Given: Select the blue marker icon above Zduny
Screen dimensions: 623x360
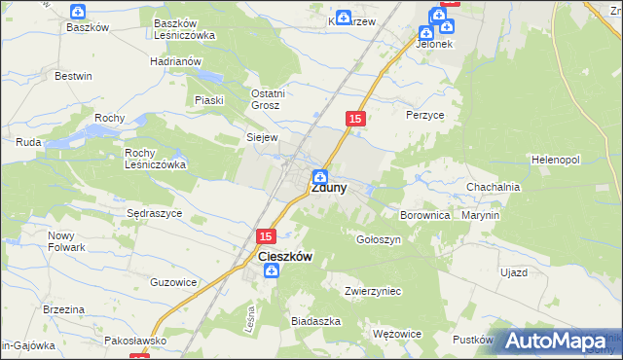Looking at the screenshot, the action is point(319,175).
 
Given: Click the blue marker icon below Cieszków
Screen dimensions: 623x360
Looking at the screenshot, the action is point(272,270).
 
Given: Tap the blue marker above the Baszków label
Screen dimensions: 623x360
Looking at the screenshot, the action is point(79,12).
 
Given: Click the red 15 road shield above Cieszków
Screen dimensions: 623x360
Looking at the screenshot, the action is point(268,235).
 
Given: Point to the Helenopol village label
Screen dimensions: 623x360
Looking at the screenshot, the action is point(556,159).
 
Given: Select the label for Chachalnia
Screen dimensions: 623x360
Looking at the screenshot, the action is point(494,187).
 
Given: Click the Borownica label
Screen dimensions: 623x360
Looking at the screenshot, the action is point(425,214).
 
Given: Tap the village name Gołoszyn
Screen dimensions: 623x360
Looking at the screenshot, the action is point(379,238).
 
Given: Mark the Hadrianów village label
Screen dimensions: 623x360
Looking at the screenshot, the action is point(175,60).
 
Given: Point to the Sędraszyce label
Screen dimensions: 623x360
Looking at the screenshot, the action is point(155,212).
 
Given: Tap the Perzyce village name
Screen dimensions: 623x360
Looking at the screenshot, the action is point(424,114).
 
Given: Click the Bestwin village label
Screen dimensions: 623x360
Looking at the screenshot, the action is point(73,75).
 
